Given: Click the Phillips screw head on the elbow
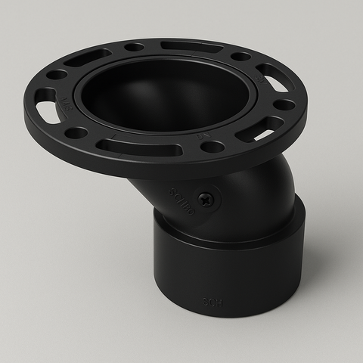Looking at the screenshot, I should [205, 200].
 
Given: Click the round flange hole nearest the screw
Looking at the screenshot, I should [214, 146].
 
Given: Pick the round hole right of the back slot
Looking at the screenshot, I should [240, 57].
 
